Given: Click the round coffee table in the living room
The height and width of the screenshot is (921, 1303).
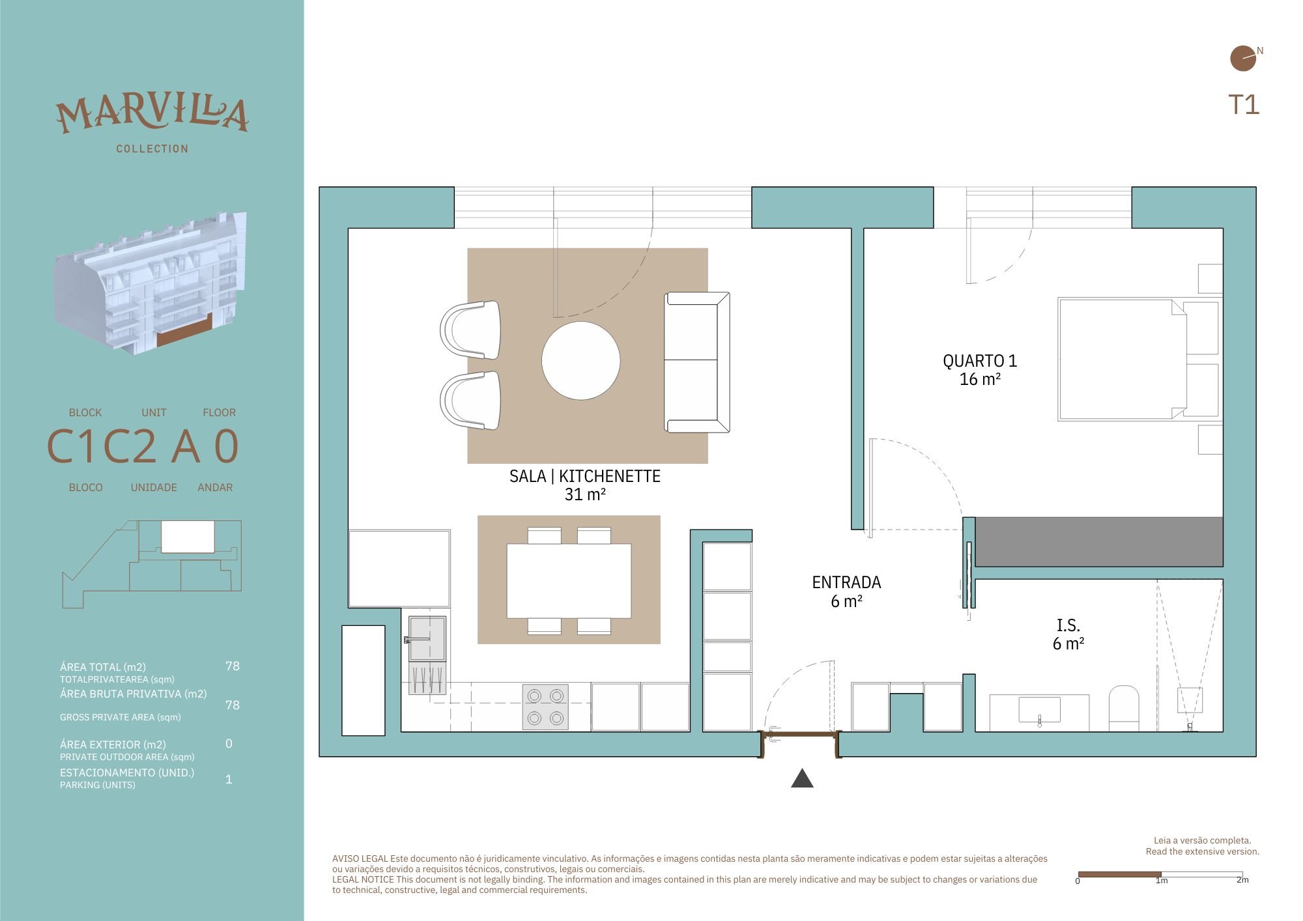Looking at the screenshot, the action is tap(581, 360).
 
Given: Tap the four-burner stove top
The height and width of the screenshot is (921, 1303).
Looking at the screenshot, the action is tap(545, 707).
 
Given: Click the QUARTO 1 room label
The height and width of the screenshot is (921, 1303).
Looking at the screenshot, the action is tap(980, 369).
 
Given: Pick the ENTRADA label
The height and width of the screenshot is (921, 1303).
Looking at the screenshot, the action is tap(846, 591).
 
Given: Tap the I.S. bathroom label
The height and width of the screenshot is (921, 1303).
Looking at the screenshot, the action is tap(1068, 634).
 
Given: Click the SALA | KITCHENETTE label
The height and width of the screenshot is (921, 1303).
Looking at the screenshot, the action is tap(585, 485).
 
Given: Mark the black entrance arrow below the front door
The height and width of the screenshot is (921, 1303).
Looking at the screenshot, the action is tap(802, 778).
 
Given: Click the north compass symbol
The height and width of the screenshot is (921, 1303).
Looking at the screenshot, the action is tap(1243, 58).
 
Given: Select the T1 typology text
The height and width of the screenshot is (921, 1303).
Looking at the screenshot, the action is tap(1244, 105).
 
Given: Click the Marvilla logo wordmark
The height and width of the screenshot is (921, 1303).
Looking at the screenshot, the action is tap(152, 115).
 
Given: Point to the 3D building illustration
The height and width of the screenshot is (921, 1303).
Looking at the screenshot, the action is tap(150, 283).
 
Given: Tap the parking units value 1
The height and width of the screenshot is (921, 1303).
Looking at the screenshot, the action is tap(229, 779).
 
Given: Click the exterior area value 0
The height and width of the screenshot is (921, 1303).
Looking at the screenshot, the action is tap(229, 743).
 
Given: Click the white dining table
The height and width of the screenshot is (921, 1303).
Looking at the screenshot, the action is tap(569, 581).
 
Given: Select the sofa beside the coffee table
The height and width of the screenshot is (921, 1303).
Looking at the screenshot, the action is tap(696, 362).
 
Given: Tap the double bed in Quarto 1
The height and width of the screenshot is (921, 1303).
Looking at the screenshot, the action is tap(1138, 359).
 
